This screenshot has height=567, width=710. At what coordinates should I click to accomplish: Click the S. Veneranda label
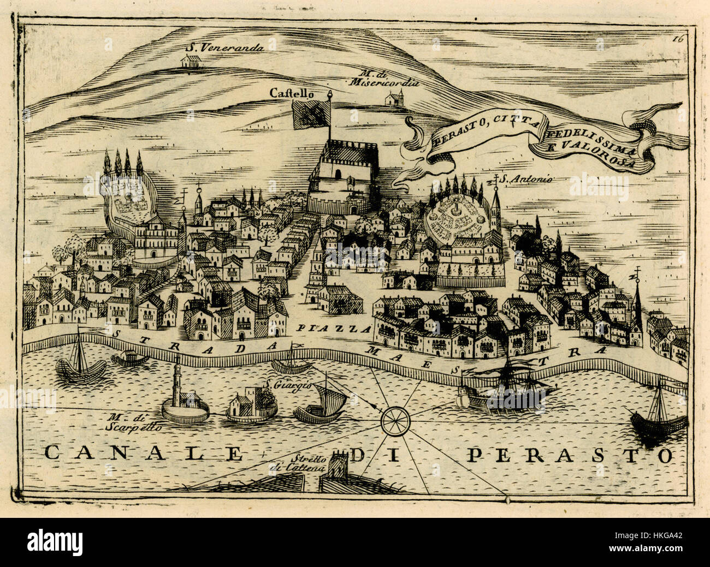pyautogui.click(x=224, y=46)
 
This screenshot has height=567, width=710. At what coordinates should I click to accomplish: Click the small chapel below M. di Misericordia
pyautogui.click(x=394, y=99)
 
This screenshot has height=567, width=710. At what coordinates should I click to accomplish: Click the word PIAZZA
pyautogui.click(x=334, y=329)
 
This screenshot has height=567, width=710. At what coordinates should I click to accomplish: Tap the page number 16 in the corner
pyautogui.click(x=678, y=38)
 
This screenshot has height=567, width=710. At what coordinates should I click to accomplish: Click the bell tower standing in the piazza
pyautogui.click(x=314, y=273)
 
